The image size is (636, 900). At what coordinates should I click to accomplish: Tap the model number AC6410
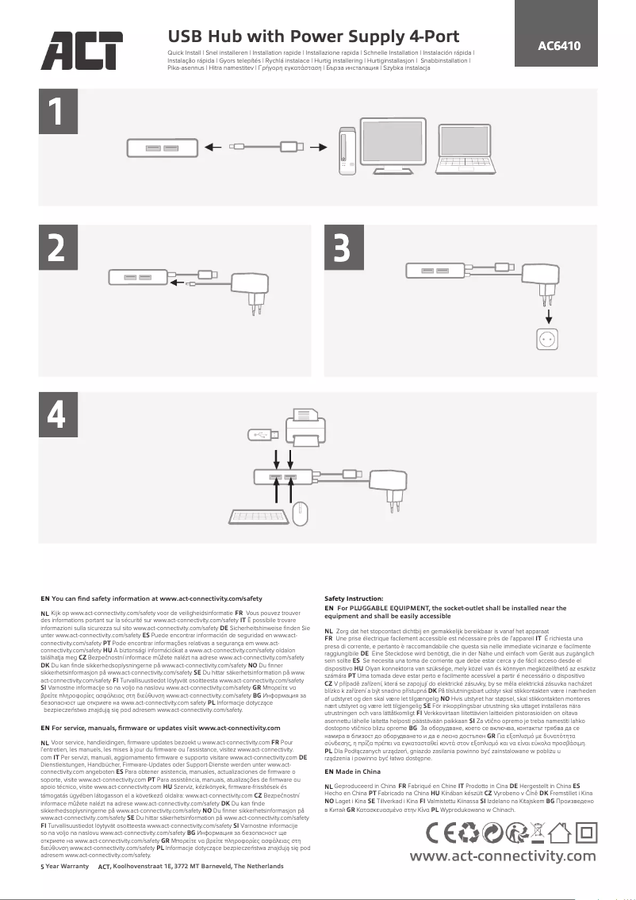pos(559,45)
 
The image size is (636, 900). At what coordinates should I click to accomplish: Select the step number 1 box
pos(55,113)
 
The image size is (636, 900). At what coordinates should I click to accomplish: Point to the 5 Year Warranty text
pos(64,866)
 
